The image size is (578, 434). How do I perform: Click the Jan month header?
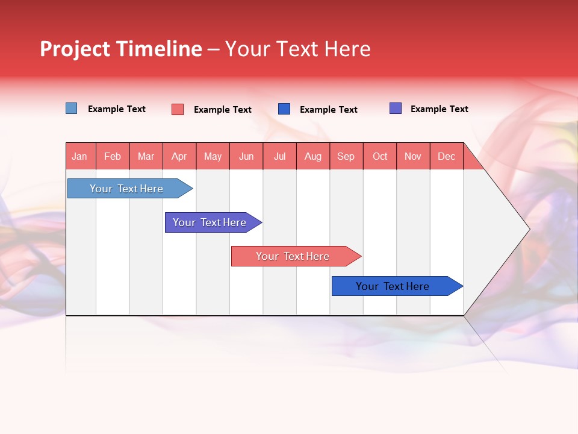(x=80, y=156)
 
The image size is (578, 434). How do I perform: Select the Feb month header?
(x=113, y=156)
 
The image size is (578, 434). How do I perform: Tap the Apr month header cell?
(x=179, y=156)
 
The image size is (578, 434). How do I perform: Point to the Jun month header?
(x=246, y=156)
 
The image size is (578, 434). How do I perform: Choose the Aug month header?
(x=313, y=156)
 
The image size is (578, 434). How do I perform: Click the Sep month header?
(x=346, y=156)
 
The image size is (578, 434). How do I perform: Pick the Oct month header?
(x=380, y=156)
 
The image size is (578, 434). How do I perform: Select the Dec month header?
(x=447, y=156)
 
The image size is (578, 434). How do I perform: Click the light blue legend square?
(x=72, y=108)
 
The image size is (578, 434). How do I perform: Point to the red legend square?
(x=178, y=109)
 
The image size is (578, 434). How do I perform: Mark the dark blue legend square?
(x=284, y=109)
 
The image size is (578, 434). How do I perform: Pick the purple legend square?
(x=396, y=108)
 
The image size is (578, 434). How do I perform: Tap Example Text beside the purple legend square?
(x=439, y=109)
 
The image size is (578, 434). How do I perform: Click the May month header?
(x=213, y=156)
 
